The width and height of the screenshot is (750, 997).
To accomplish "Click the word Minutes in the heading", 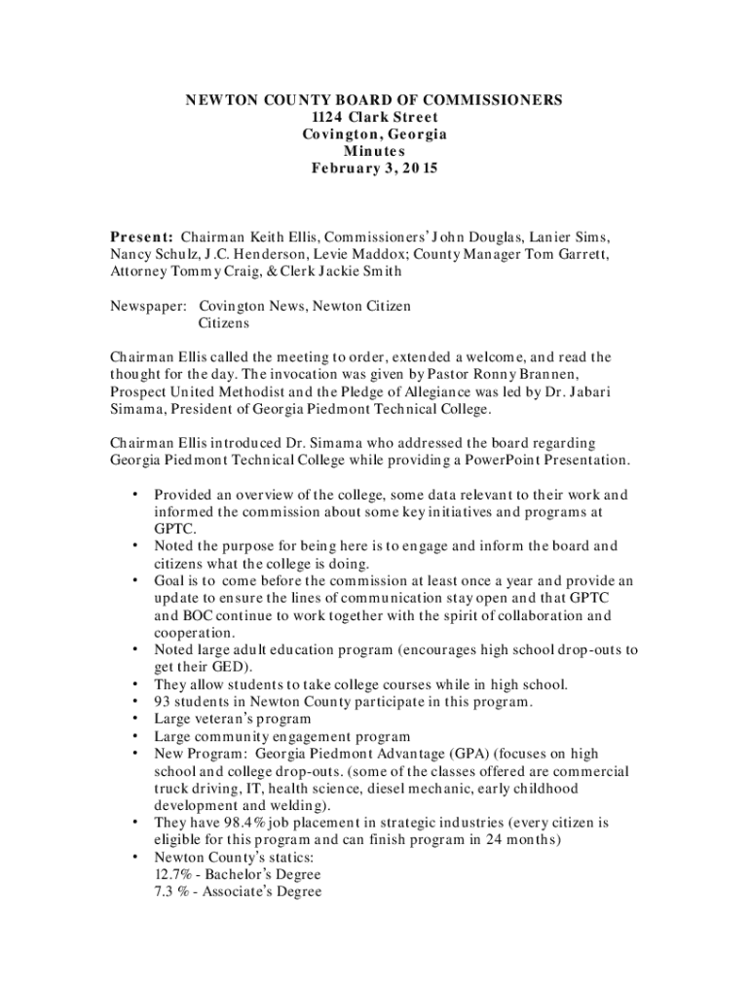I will (374, 151).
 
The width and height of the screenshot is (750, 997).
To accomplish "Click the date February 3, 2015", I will (374, 168).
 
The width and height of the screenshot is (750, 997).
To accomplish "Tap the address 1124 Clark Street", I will (374, 118).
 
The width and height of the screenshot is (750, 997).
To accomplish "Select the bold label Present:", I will (141, 237).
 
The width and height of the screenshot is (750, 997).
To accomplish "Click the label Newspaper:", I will (148, 306).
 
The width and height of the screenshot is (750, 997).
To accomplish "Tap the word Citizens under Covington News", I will (225, 322).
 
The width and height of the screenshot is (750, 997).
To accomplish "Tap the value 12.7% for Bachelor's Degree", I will (172, 874).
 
